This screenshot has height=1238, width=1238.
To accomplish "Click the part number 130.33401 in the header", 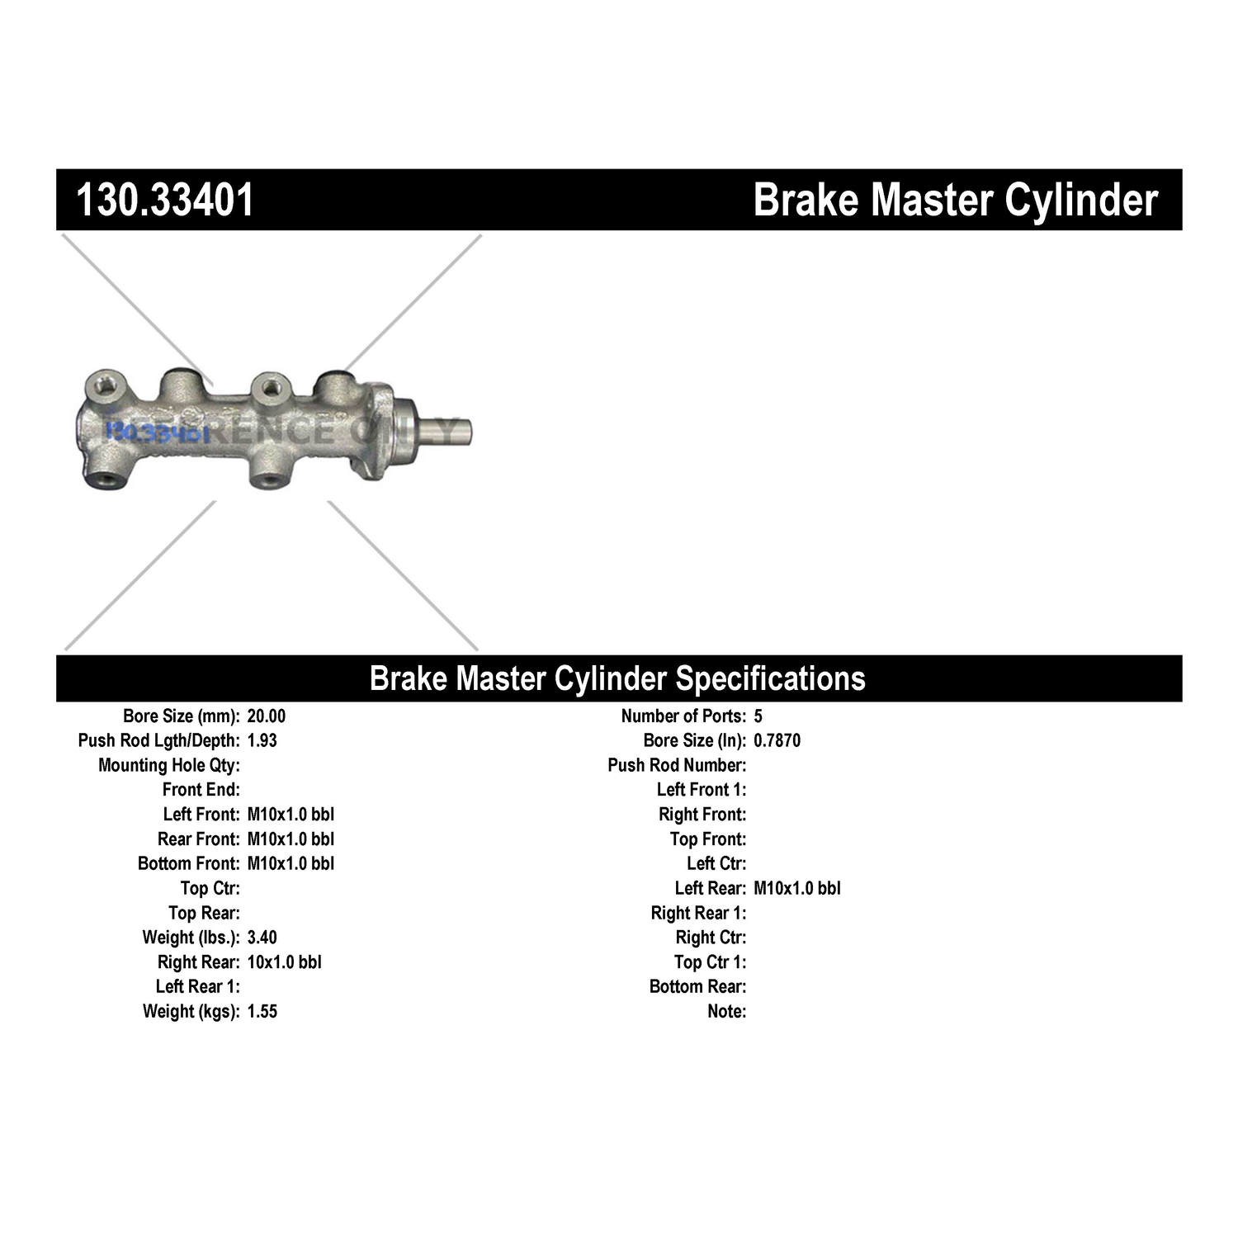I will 165,200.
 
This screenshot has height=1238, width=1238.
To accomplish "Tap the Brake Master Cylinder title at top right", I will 955,200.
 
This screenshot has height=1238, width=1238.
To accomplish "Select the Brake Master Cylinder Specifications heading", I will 617,678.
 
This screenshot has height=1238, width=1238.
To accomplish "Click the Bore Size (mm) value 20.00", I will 266,716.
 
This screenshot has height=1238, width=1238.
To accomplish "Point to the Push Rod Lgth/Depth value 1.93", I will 262,740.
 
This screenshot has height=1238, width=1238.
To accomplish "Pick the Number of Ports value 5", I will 758,716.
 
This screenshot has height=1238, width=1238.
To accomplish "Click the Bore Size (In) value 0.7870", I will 777,740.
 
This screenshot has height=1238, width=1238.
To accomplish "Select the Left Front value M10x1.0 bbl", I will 291,815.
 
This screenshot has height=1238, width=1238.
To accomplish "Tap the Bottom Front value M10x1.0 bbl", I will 291,863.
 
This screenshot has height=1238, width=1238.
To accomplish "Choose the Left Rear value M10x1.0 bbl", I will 796,888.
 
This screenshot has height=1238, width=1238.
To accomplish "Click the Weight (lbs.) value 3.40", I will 262,938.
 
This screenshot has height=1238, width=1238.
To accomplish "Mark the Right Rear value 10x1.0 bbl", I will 284,962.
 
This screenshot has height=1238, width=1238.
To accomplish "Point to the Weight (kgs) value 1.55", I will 262,1011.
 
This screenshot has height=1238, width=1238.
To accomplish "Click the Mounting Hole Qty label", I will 169,765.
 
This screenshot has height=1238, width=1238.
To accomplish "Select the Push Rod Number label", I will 677,765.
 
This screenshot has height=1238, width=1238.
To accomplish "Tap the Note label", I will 726,1011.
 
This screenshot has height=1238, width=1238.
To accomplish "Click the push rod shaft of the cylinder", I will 446,430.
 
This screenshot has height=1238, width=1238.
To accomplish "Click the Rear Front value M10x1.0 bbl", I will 291,839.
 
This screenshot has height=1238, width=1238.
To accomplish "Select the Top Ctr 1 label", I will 710,962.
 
